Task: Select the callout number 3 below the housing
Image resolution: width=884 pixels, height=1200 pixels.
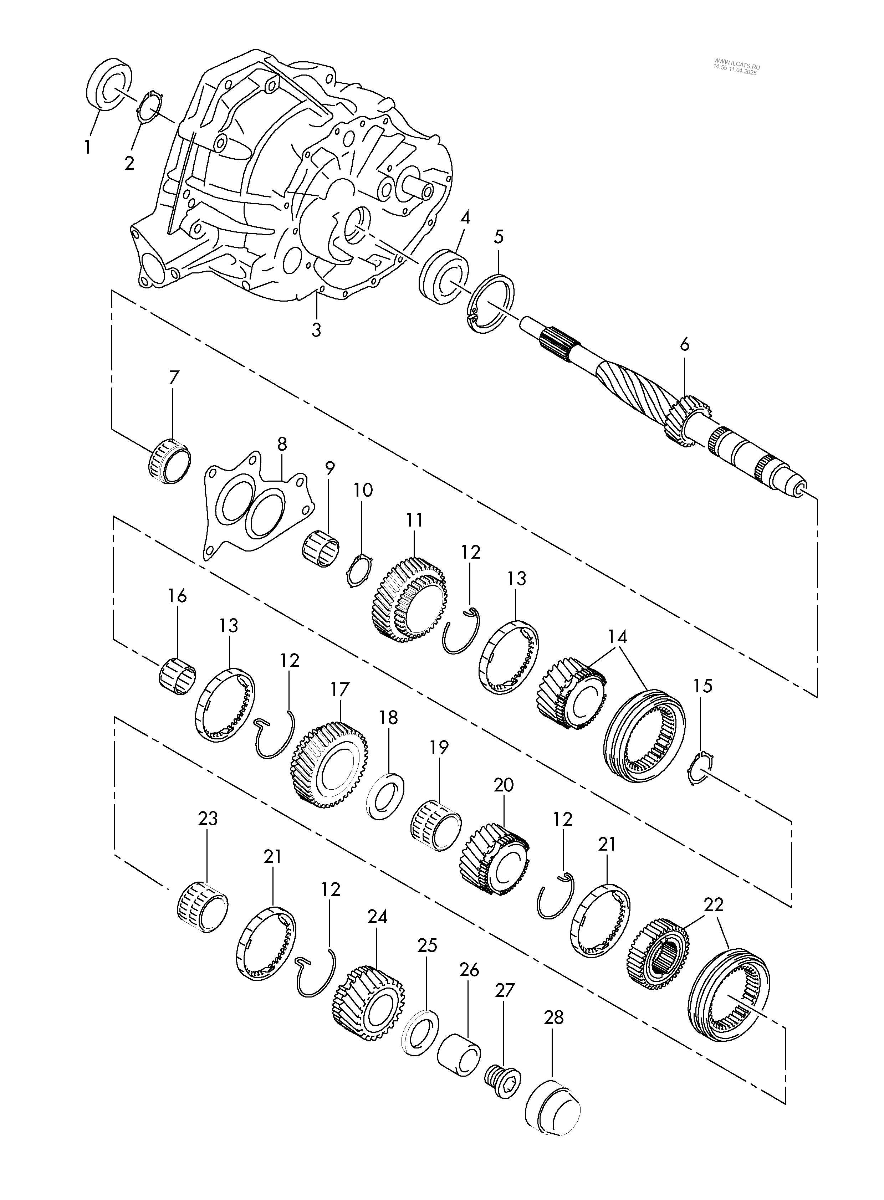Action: point(316,329)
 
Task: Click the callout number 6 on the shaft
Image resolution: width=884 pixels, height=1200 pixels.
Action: point(685,345)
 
